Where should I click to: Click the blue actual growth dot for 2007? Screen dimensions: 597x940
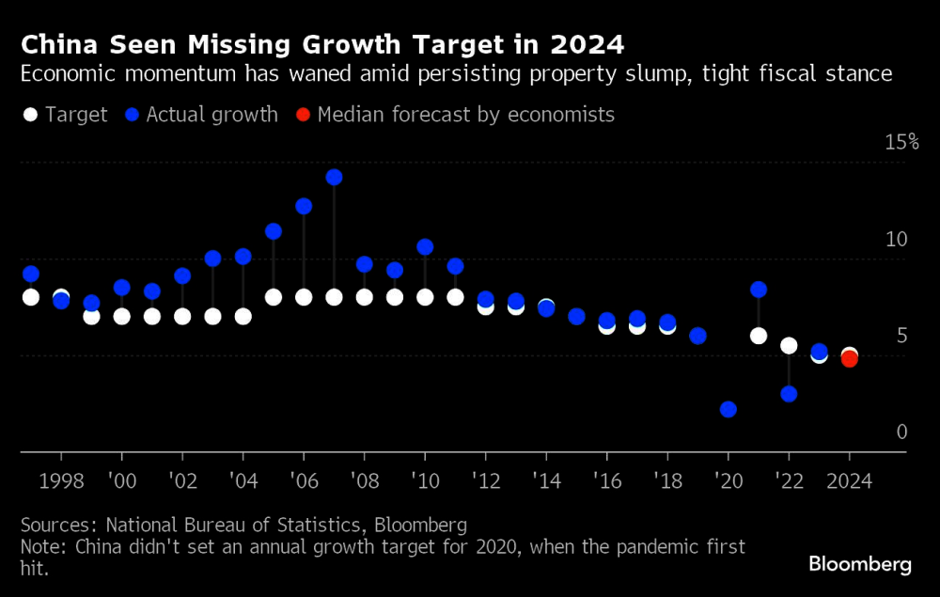pos(334,177)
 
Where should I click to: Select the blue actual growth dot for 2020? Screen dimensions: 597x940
pos(728,409)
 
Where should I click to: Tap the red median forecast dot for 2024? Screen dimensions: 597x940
pos(849,358)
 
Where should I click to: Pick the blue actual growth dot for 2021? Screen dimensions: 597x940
pos(759,290)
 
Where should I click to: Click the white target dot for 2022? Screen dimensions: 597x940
pos(789,346)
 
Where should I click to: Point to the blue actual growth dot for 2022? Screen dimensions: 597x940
pos(789,394)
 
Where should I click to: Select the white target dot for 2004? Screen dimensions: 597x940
pos(243,316)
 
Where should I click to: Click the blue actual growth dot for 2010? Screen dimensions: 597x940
pos(425,247)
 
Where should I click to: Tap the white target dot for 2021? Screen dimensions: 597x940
pos(759,336)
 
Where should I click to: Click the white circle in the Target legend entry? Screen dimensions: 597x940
pos(30,115)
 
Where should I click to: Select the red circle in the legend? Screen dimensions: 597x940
pos(303,115)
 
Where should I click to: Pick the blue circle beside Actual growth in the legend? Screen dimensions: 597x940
pos(132,115)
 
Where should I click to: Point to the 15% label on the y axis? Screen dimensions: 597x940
pos(901,142)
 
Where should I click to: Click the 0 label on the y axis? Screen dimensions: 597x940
pos(902,432)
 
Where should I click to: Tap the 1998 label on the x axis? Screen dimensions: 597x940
pos(61,479)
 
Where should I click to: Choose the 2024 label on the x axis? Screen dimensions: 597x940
pos(849,479)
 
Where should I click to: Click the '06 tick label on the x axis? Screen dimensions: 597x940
pos(303,479)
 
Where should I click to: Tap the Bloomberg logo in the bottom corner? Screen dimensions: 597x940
pos(860,564)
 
